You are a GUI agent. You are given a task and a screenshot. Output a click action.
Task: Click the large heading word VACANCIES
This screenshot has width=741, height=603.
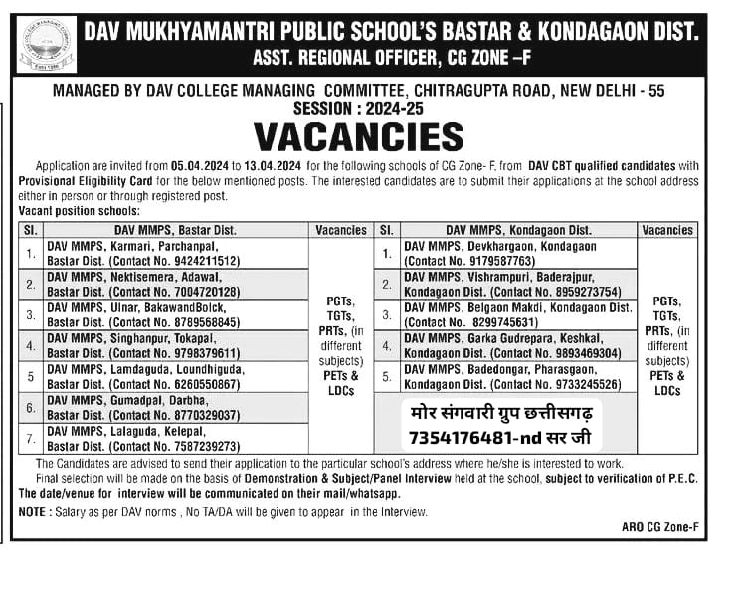(358, 136)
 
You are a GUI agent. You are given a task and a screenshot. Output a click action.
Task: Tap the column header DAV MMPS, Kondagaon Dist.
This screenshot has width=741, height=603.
(518, 230)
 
